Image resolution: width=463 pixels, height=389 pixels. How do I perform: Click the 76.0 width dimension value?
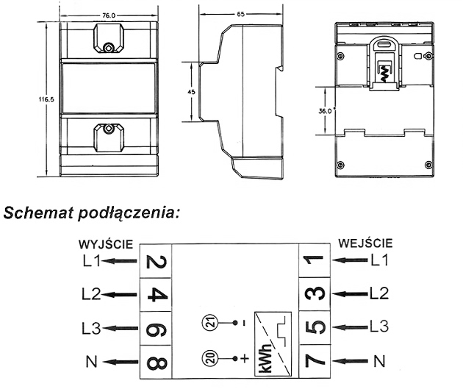click(x=109, y=15)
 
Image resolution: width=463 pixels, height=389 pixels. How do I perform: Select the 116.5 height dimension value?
click(x=46, y=99)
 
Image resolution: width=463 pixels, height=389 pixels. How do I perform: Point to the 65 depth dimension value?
click(x=240, y=14)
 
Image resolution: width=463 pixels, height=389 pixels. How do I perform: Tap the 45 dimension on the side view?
click(x=191, y=92)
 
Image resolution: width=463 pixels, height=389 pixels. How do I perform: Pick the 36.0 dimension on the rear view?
click(x=325, y=111)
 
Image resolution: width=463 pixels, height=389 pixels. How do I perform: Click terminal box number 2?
click(x=156, y=261)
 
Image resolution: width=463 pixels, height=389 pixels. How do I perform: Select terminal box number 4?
click(x=156, y=294)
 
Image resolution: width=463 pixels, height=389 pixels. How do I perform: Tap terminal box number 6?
click(x=156, y=329)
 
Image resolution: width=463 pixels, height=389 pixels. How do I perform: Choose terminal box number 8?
click(x=156, y=363)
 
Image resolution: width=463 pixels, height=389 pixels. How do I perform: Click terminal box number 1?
click(x=315, y=260)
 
